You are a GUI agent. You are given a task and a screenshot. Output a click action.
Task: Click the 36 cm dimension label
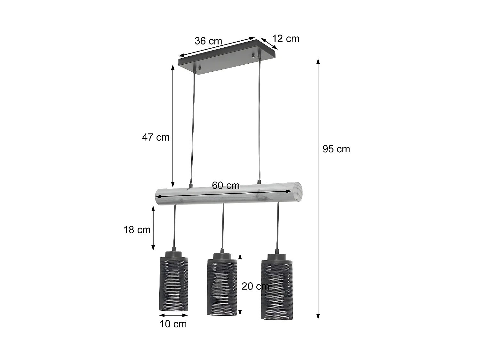(208, 41)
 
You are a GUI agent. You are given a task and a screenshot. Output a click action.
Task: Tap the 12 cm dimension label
(285, 39)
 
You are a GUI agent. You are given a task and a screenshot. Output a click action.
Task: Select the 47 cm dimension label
(156, 137)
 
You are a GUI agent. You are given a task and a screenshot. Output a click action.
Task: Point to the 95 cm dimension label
(336, 149)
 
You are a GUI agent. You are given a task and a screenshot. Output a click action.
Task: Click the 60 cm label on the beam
(226, 186)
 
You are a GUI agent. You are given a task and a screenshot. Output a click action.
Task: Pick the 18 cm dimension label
(137, 230)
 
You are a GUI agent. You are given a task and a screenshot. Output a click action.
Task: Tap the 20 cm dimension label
(255, 286)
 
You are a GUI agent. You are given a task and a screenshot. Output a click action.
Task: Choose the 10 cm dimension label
(173, 324)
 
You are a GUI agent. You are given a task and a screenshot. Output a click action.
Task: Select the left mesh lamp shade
(173, 283)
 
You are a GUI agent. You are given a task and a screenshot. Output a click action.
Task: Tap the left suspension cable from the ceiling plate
(193, 128)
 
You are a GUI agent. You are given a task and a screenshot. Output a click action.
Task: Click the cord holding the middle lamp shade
(223, 227)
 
